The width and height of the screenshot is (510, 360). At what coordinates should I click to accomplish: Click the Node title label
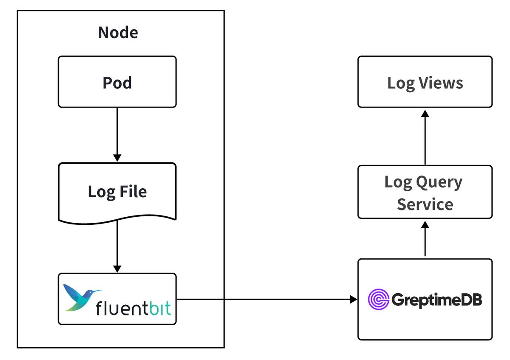coord(118,33)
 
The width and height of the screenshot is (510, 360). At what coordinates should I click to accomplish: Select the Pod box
coord(117,82)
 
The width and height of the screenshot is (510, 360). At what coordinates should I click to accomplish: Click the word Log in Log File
coord(101,192)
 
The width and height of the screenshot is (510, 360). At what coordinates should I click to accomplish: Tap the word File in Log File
coord(133,192)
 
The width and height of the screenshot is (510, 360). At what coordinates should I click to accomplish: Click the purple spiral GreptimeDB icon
coord(378,300)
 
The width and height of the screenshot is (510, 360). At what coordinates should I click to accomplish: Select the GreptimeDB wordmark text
coord(436,300)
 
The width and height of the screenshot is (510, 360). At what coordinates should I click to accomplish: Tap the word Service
coord(425,204)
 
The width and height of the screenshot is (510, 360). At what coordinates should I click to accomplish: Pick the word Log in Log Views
coord(400,83)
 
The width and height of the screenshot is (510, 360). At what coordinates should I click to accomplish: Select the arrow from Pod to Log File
coord(117,134)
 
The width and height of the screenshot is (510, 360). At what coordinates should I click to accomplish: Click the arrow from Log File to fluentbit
coord(117,247)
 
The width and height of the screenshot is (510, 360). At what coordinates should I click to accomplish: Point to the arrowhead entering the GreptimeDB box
coord(354,300)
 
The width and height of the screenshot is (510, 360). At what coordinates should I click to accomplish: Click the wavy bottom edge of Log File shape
coord(117,220)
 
